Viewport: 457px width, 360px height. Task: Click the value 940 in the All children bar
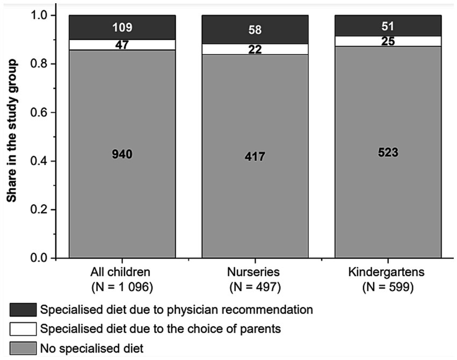(x=122, y=155)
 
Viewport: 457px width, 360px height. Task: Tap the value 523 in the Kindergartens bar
(x=388, y=152)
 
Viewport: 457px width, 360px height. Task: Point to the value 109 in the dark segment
(x=122, y=27)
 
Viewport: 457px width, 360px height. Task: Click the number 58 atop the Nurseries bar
(x=255, y=30)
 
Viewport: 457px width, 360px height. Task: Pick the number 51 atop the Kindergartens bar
(x=388, y=26)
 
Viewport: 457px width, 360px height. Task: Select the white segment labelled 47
(x=122, y=45)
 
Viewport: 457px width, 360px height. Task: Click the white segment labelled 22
(x=255, y=49)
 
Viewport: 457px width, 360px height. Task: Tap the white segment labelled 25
(x=388, y=41)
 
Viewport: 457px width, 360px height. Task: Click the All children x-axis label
(x=122, y=273)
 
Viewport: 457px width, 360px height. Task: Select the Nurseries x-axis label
(x=255, y=273)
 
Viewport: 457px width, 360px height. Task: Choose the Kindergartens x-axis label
(x=388, y=273)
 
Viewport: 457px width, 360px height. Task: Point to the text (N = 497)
(x=255, y=287)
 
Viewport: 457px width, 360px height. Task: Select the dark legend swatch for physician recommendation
(x=23, y=309)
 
